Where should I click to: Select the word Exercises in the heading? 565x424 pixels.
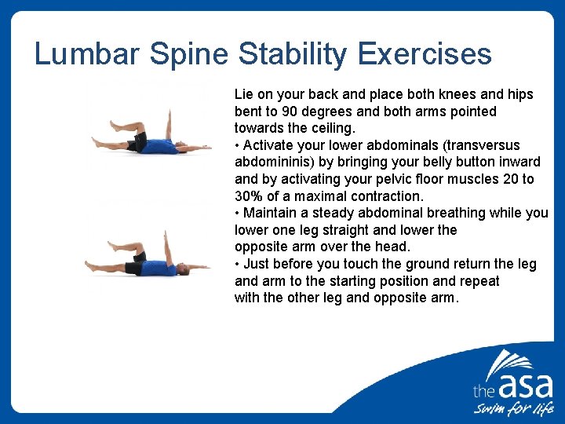[x=425, y=54]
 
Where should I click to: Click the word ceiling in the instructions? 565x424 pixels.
[x=334, y=128]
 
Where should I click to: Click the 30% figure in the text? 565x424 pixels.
[x=249, y=196]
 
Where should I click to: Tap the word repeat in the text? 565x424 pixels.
[x=479, y=281]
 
